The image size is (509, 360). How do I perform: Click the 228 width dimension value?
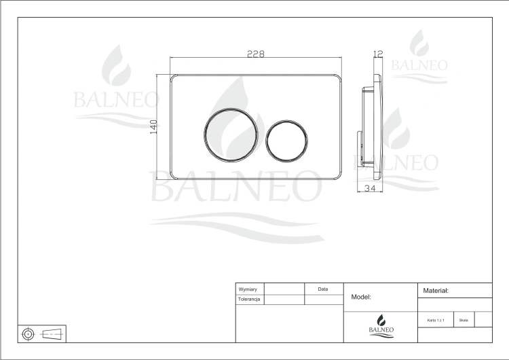click(x=256, y=54)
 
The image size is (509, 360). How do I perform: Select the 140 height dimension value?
click(x=153, y=127)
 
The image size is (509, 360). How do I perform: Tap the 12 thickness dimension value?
click(x=378, y=53)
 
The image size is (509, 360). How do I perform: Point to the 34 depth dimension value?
click(x=370, y=188)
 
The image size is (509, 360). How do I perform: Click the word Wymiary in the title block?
click(x=248, y=289)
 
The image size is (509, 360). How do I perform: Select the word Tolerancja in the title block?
click(x=249, y=300)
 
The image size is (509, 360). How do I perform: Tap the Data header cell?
click(x=323, y=289)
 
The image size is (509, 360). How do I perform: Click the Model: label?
click(x=361, y=297)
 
